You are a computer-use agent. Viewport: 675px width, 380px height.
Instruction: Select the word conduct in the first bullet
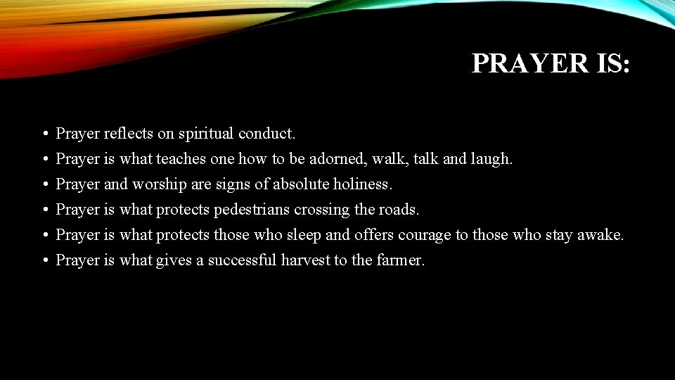(x=266, y=133)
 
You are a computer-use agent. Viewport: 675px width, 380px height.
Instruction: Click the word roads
(x=399, y=209)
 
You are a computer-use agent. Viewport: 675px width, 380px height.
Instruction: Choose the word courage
(x=425, y=235)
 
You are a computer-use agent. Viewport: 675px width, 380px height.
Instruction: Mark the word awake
(x=599, y=234)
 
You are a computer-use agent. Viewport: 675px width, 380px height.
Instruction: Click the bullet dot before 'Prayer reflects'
(x=44, y=134)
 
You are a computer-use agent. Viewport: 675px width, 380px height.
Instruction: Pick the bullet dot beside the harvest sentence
(x=44, y=260)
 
